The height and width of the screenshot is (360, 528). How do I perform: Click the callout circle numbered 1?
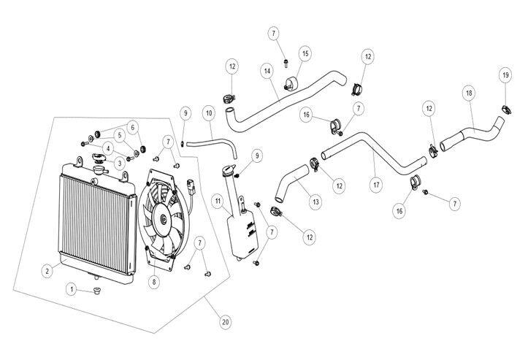coord(72,290)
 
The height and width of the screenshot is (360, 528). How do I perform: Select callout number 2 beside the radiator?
coord(46,271)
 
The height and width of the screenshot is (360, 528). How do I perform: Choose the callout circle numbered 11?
coord(217,199)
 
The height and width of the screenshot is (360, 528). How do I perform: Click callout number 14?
coord(268,71)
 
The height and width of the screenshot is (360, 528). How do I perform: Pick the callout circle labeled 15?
coord(305,53)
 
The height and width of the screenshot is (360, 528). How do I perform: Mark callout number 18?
coord(469,93)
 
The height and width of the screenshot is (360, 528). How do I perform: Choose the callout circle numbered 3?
coord(119,164)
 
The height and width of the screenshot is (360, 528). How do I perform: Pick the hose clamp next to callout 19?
coord(507,110)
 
